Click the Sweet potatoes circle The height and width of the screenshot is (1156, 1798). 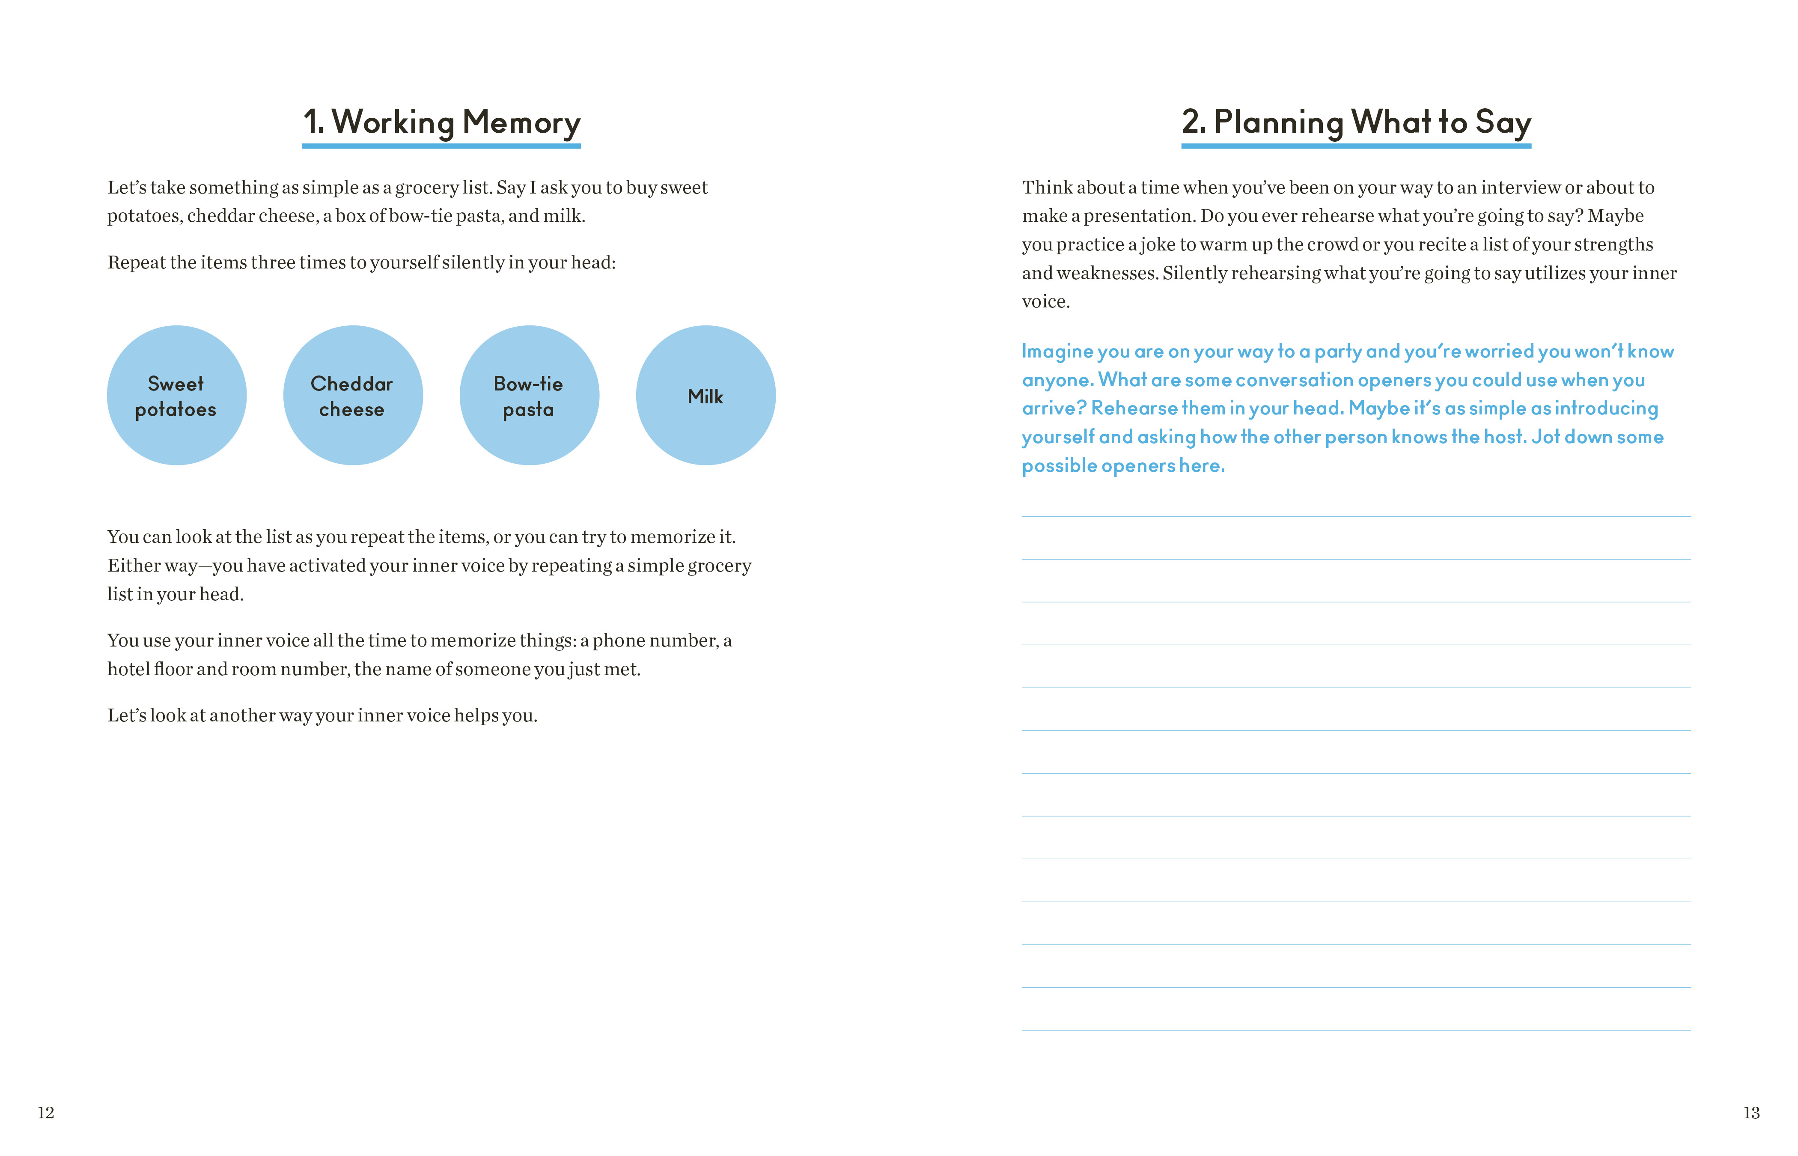(176, 396)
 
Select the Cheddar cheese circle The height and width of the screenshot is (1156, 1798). (353, 396)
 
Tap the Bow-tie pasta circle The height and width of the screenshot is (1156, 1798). (529, 396)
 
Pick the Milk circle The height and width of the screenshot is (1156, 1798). (706, 396)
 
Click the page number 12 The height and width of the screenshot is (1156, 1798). (46, 1112)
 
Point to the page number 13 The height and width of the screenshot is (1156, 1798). (1751, 1112)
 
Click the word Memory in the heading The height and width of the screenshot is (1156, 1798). (521, 122)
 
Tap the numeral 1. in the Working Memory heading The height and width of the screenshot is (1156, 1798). (314, 122)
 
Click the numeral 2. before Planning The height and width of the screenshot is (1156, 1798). (1194, 122)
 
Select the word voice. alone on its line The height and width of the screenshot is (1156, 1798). (1045, 302)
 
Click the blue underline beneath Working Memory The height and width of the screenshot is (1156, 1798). (441, 146)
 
